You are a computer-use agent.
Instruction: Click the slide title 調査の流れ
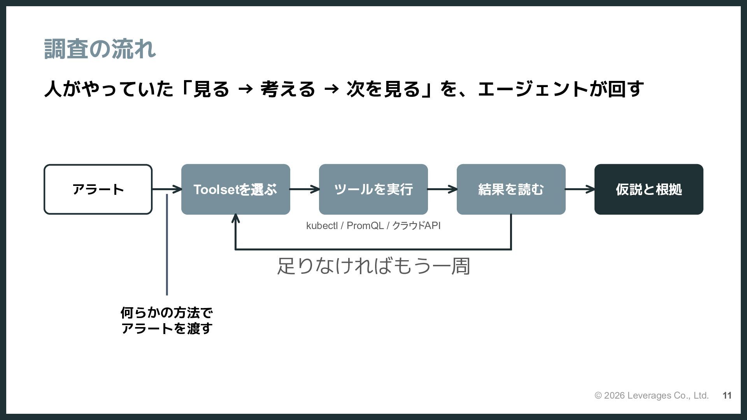tap(100, 49)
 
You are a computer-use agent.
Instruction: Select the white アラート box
tap(98, 189)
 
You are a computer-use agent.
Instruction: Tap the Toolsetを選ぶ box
tap(236, 189)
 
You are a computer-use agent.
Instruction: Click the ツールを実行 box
tap(373, 189)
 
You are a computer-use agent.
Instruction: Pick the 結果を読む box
tap(511, 189)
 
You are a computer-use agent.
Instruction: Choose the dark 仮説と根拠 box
tap(649, 189)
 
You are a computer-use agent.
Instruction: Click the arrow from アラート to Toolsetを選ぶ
tap(167, 189)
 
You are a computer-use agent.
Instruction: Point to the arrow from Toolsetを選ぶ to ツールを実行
tap(305, 189)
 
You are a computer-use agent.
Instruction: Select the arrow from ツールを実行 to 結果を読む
tap(442, 189)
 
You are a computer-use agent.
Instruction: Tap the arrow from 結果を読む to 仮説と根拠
tap(580, 189)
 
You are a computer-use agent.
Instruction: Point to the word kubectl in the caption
tap(322, 226)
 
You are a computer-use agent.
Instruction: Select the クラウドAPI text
tap(416, 226)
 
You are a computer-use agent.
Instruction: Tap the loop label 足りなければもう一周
tap(373, 266)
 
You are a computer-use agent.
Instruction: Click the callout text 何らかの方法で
tap(167, 312)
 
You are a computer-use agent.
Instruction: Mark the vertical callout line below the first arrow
tap(167, 245)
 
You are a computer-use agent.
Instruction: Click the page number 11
tap(727, 395)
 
